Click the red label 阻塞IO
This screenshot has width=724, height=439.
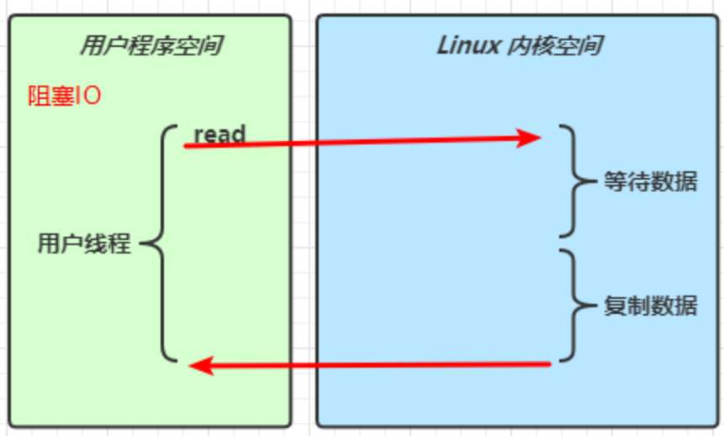click(64, 96)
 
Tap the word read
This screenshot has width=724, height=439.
click(219, 133)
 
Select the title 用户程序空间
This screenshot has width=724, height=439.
click(151, 45)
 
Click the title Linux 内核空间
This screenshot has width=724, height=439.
click(519, 45)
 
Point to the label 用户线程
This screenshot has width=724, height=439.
click(84, 244)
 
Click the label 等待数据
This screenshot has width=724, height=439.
click(650, 181)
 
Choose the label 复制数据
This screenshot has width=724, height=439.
click(650, 305)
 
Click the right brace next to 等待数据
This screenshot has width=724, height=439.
click(573, 181)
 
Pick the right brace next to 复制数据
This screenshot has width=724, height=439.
click(573, 305)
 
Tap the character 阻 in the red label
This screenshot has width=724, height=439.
click(38, 96)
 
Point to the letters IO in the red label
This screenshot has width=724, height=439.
click(88, 96)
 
